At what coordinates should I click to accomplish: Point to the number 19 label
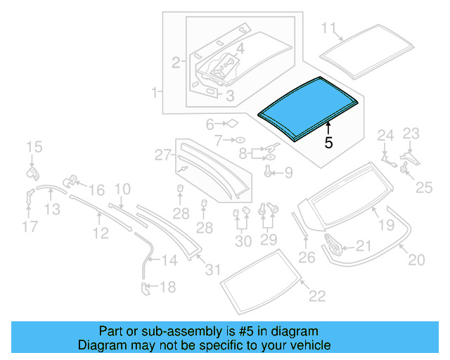tap(387, 226)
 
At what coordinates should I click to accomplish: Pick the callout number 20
tap(416, 260)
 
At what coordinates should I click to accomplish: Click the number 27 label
tap(163, 154)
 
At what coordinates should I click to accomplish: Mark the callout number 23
tap(410, 133)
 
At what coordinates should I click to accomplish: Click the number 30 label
tap(243, 242)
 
